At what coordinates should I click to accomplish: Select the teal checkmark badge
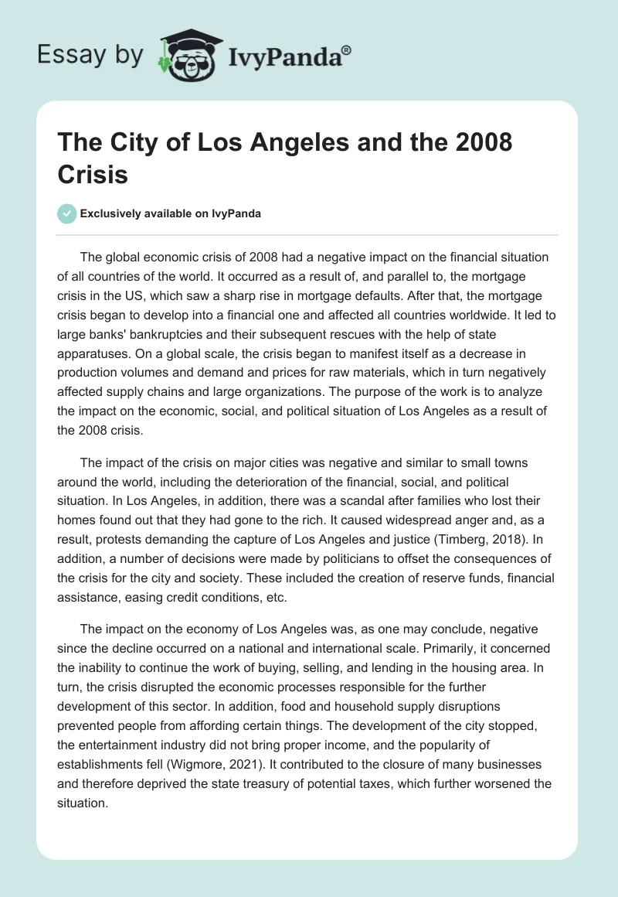[x=68, y=213]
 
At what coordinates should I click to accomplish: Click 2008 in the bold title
[x=480, y=144]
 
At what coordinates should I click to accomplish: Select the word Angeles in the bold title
[x=324, y=144]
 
